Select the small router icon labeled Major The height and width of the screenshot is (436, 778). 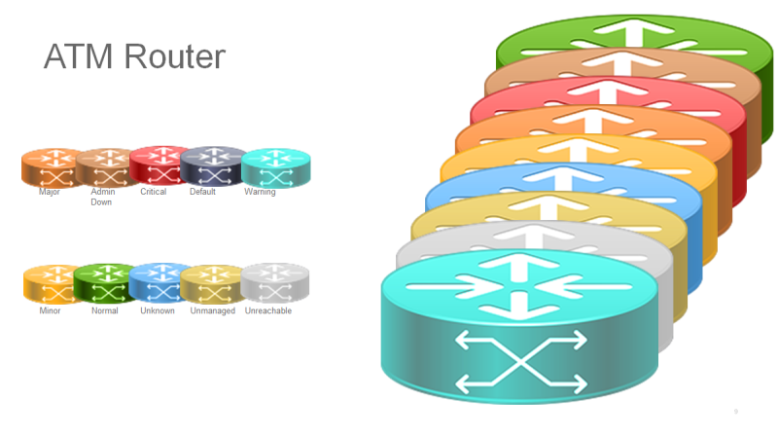point(48,167)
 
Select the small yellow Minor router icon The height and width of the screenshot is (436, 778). point(49,283)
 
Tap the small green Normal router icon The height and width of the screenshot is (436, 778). point(103,282)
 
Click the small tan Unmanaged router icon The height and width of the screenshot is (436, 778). point(211,283)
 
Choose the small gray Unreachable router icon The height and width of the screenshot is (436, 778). point(274,282)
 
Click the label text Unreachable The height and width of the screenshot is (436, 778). point(267,311)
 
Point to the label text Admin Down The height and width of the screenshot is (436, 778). point(102,198)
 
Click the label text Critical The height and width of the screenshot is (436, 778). point(154,192)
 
